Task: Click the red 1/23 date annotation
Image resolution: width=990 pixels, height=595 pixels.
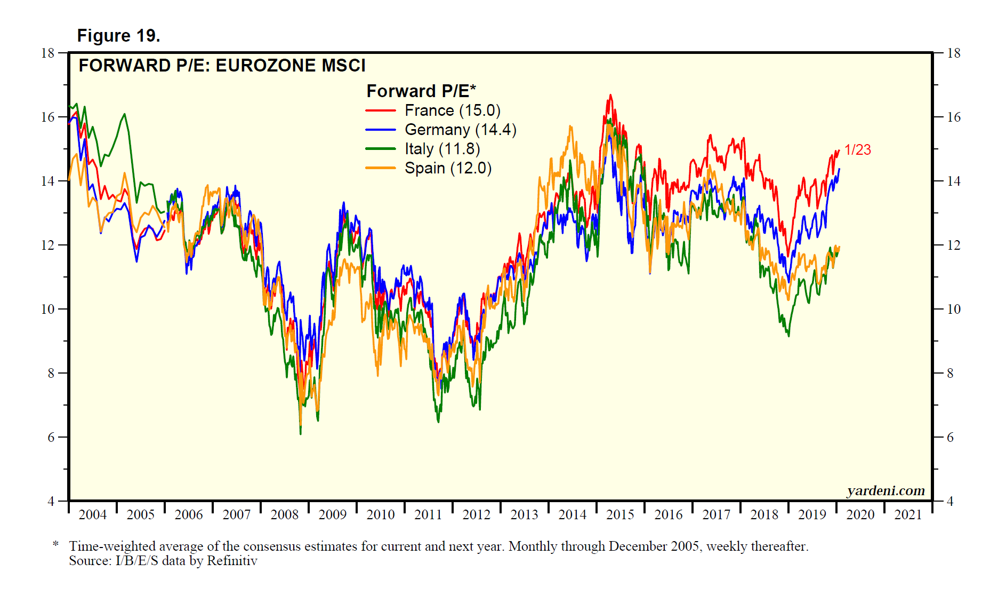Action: click(857, 150)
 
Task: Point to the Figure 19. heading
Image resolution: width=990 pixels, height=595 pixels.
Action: click(118, 36)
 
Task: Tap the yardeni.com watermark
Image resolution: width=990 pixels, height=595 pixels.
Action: click(886, 490)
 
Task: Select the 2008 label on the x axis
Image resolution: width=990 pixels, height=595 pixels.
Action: click(284, 515)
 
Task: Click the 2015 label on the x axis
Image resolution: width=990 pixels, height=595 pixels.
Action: click(620, 515)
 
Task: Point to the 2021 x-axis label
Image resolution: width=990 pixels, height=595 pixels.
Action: click(908, 515)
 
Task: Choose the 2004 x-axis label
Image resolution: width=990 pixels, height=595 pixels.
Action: click(92, 515)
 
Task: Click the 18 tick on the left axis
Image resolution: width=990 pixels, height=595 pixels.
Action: click(48, 53)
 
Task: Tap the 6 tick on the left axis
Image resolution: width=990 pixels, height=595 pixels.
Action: click(51, 437)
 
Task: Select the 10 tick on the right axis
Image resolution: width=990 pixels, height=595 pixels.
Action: click(954, 309)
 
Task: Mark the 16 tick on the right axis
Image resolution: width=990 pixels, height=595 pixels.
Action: click(954, 117)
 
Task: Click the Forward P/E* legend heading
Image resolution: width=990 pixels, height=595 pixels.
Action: click(421, 91)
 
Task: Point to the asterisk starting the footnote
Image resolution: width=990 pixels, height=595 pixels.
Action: click(55, 544)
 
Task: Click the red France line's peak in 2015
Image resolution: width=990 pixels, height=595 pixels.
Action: click(610, 96)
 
